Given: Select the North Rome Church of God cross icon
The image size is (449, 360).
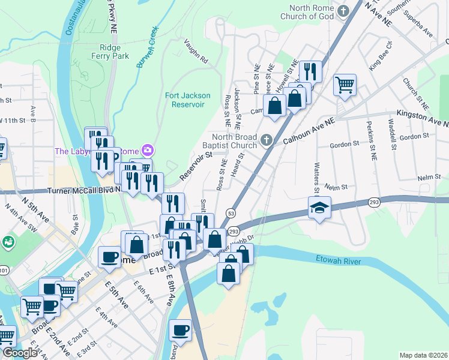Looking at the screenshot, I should pyautogui.click(x=343, y=11).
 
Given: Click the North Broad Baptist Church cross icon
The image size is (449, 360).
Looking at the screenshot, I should pyautogui.click(x=268, y=141).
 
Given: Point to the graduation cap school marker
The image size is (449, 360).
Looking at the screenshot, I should pyautogui.click(x=320, y=208).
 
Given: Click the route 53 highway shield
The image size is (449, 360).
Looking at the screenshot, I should pyautogui.click(x=230, y=213).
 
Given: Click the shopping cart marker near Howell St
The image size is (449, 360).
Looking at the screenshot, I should pyautogui.click(x=345, y=85).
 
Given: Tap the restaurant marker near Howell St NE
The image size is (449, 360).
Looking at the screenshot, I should pyautogui.click(x=310, y=71).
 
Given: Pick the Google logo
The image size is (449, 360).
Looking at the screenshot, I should pyautogui.click(x=20, y=353).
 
